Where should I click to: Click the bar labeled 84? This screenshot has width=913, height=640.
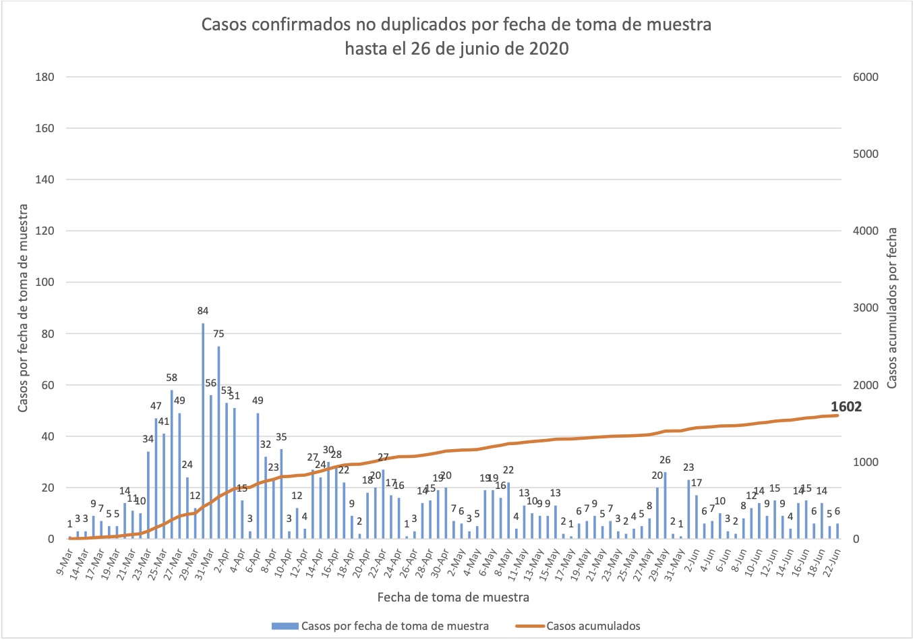[203, 432]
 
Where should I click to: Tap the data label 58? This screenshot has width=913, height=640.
[172, 378]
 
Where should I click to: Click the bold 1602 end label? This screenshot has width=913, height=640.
[846, 407]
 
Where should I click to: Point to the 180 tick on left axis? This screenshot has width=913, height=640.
[45, 77]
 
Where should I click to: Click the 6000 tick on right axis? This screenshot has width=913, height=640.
[866, 77]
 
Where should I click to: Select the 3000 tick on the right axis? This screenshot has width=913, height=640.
[866, 308]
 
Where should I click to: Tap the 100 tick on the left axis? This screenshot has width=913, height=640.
[45, 283]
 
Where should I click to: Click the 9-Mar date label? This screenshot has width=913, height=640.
[62, 559]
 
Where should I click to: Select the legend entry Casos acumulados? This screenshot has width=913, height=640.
[593, 626]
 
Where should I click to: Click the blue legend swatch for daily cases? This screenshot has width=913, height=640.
[285, 626]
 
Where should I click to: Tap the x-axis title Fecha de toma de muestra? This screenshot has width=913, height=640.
[453, 597]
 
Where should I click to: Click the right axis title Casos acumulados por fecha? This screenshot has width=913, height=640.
[891, 308]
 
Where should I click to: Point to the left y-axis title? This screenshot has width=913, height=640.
[23, 308]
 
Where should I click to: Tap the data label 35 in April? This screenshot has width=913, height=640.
[281, 437]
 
